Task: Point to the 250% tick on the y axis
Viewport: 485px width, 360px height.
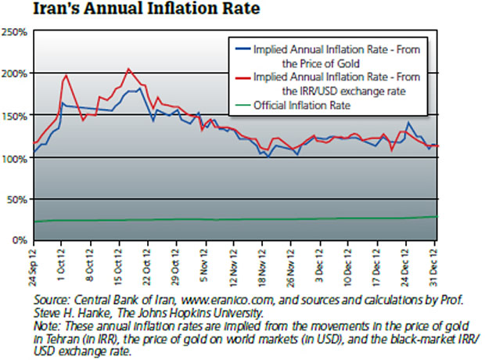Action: [x=16, y=33]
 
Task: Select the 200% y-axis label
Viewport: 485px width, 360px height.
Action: [x=16, y=74]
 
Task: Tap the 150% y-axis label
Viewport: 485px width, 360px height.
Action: [x=16, y=116]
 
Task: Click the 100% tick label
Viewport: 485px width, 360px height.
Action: [x=16, y=158]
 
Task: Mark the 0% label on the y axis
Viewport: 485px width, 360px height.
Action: [x=21, y=240]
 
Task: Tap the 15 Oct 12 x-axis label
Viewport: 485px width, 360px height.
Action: [x=120, y=266]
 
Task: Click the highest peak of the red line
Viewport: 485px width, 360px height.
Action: [x=128, y=69]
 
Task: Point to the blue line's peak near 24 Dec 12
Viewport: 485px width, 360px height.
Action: [x=409, y=123]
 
